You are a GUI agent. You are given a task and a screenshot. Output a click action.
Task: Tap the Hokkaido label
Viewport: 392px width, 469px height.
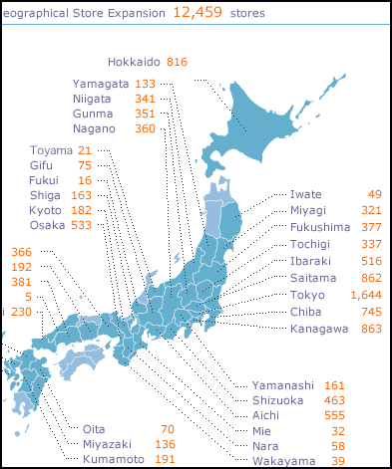pos(134,62)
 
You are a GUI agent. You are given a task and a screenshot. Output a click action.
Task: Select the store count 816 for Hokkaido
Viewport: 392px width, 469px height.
pos(177,62)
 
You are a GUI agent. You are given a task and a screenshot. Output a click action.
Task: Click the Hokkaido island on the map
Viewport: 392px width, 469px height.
pos(267,110)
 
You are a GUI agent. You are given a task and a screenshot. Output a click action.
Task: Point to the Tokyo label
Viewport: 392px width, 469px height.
pos(308,296)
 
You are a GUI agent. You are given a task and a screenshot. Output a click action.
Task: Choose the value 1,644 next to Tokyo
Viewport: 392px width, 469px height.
pos(365,296)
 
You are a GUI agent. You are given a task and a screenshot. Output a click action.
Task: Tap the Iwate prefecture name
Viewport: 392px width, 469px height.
pos(307,194)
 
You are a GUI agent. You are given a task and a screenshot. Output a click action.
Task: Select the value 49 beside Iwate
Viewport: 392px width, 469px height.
pos(374,194)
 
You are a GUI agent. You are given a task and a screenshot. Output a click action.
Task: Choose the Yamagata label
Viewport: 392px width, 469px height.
pos(101,84)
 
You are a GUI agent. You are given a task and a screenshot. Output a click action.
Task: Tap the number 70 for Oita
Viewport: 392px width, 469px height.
pos(167,430)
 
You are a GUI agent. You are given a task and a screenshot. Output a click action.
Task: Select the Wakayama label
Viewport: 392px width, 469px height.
pos(283,460)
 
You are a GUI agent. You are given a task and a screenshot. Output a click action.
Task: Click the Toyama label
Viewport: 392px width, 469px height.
pos(51,150)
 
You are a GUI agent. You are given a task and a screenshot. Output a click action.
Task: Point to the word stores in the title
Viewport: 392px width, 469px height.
pos(247,13)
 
